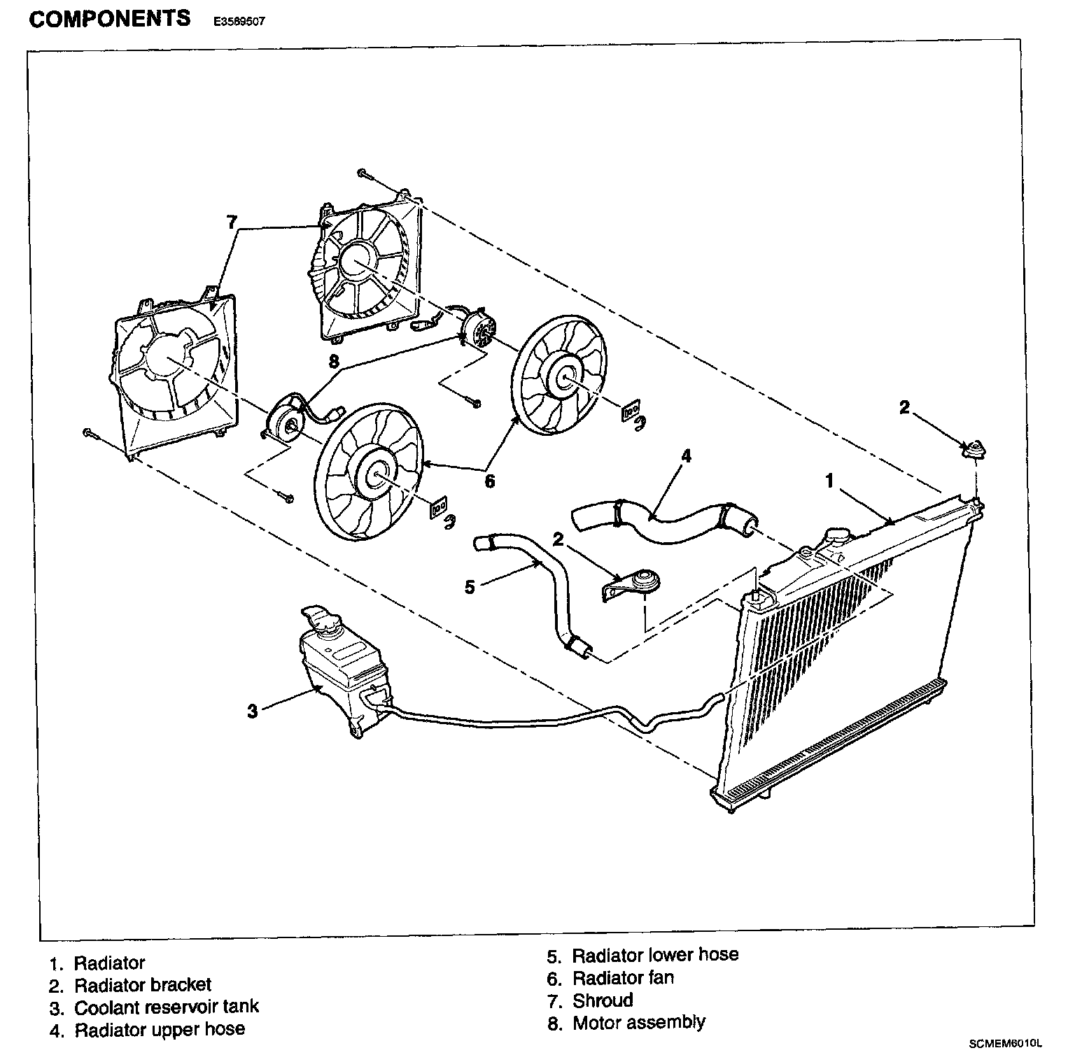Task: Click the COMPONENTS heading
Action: point(110,20)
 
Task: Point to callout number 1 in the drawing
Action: point(829,481)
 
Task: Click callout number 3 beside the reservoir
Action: point(253,711)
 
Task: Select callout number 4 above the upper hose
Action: point(686,455)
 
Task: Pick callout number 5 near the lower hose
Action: point(470,586)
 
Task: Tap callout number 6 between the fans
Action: point(489,481)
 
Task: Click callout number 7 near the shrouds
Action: point(232,222)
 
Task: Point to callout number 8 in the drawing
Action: point(333,361)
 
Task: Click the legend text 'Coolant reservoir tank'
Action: point(167,1007)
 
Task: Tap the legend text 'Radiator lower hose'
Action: point(655,955)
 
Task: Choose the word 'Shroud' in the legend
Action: point(603,1000)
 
